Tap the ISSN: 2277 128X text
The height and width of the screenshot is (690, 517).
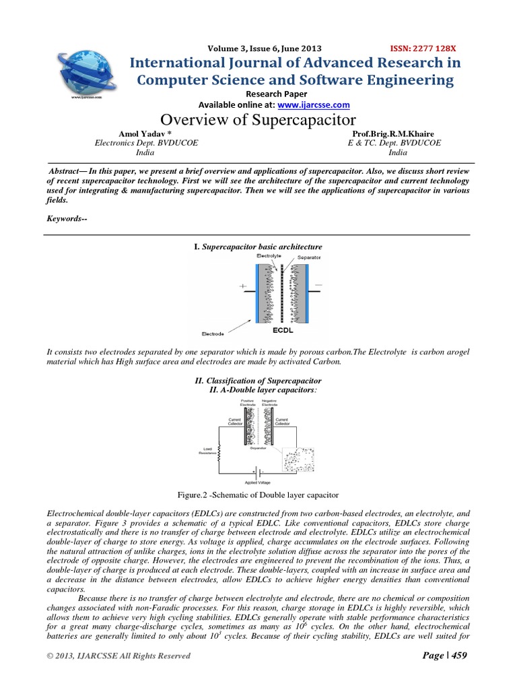pyautogui.click(x=423, y=49)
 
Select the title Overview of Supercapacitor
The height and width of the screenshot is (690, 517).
pyautogui.click(x=258, y=121)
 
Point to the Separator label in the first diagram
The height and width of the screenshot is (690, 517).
pyautogui.click(x=308, y=257)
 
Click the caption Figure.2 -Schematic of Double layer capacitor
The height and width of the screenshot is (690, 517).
pyautogui.click(x=258, y=496)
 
